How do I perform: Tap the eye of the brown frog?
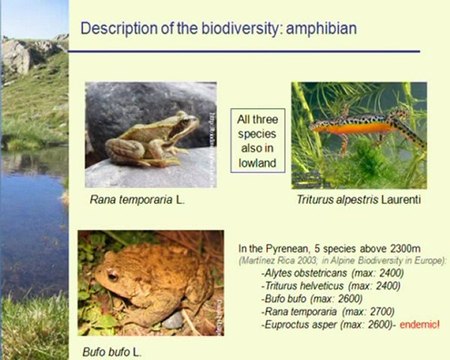click(x=181, y=122)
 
